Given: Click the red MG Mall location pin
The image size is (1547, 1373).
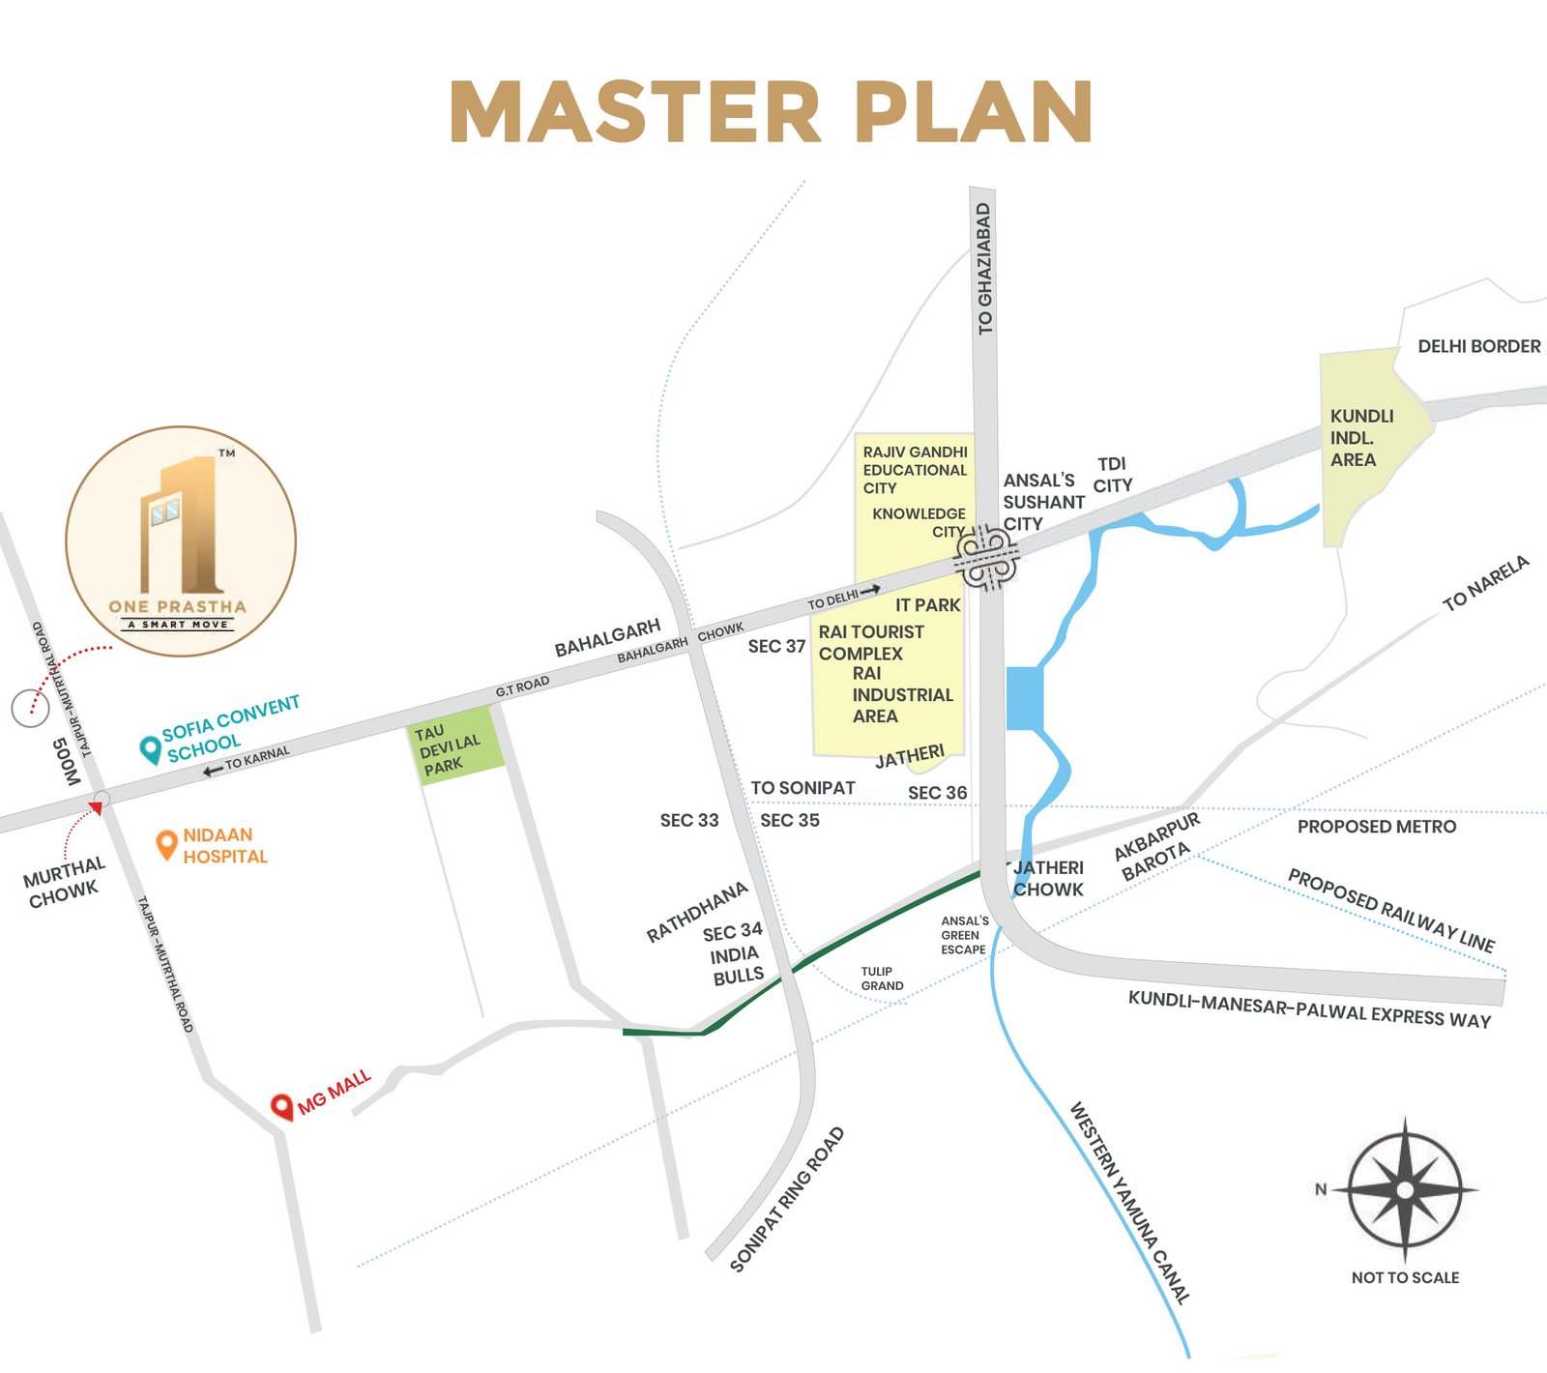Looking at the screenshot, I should (x=281, y=1106).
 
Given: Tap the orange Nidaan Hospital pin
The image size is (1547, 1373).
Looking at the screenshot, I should (x=166, y=843).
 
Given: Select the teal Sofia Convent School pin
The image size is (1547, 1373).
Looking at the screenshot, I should (x=150, y=749).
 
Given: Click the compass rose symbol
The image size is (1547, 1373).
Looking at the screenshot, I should (x=1405, y=1189).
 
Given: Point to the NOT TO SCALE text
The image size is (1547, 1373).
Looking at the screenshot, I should (x=1405, y=1277).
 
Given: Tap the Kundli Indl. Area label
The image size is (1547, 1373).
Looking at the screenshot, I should (x=1361, y=438).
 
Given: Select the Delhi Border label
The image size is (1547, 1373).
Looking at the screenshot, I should (x=1478, y=346).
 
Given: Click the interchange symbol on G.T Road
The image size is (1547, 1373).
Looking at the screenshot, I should (x=987, y=558).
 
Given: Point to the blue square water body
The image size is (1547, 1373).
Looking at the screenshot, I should (x=1024, y=697).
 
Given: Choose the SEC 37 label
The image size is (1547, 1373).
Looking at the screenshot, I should (x=776, y=646).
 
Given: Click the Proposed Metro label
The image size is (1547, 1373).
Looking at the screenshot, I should (x=1376, y=827).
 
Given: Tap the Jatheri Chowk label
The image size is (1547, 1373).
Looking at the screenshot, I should (x=1049, y=879).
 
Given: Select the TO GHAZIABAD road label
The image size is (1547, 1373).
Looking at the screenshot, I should (x=984, y=268).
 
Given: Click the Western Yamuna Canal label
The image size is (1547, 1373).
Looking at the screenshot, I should (x=1129, y=1203).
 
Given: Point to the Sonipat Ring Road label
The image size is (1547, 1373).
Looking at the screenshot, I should (x=787, y=1199).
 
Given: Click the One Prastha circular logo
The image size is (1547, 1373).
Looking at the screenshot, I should (x=181, y=541).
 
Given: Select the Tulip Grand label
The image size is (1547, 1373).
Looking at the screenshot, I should (x=882, y=979).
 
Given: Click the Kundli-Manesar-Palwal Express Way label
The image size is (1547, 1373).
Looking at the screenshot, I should (x=1309, y=1010).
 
